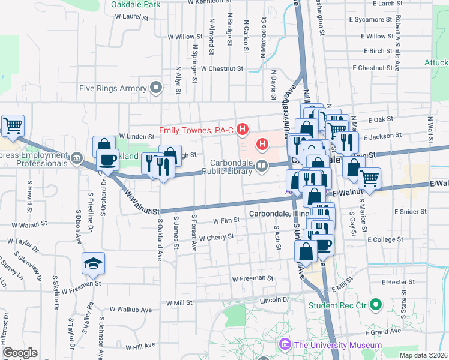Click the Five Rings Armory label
click(113, 88)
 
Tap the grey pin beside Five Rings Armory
click(157, 88)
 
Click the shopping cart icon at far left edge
click(12, 126)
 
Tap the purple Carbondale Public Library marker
click(261, 167)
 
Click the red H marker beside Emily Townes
click(243, 128)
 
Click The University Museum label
click(337, 345)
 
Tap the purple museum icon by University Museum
click(285, 345)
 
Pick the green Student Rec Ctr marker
click(376, 305)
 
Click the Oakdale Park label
click(136, 4)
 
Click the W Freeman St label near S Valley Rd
click(79, 283)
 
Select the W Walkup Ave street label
click(130, 310)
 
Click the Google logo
click(20, 353)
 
